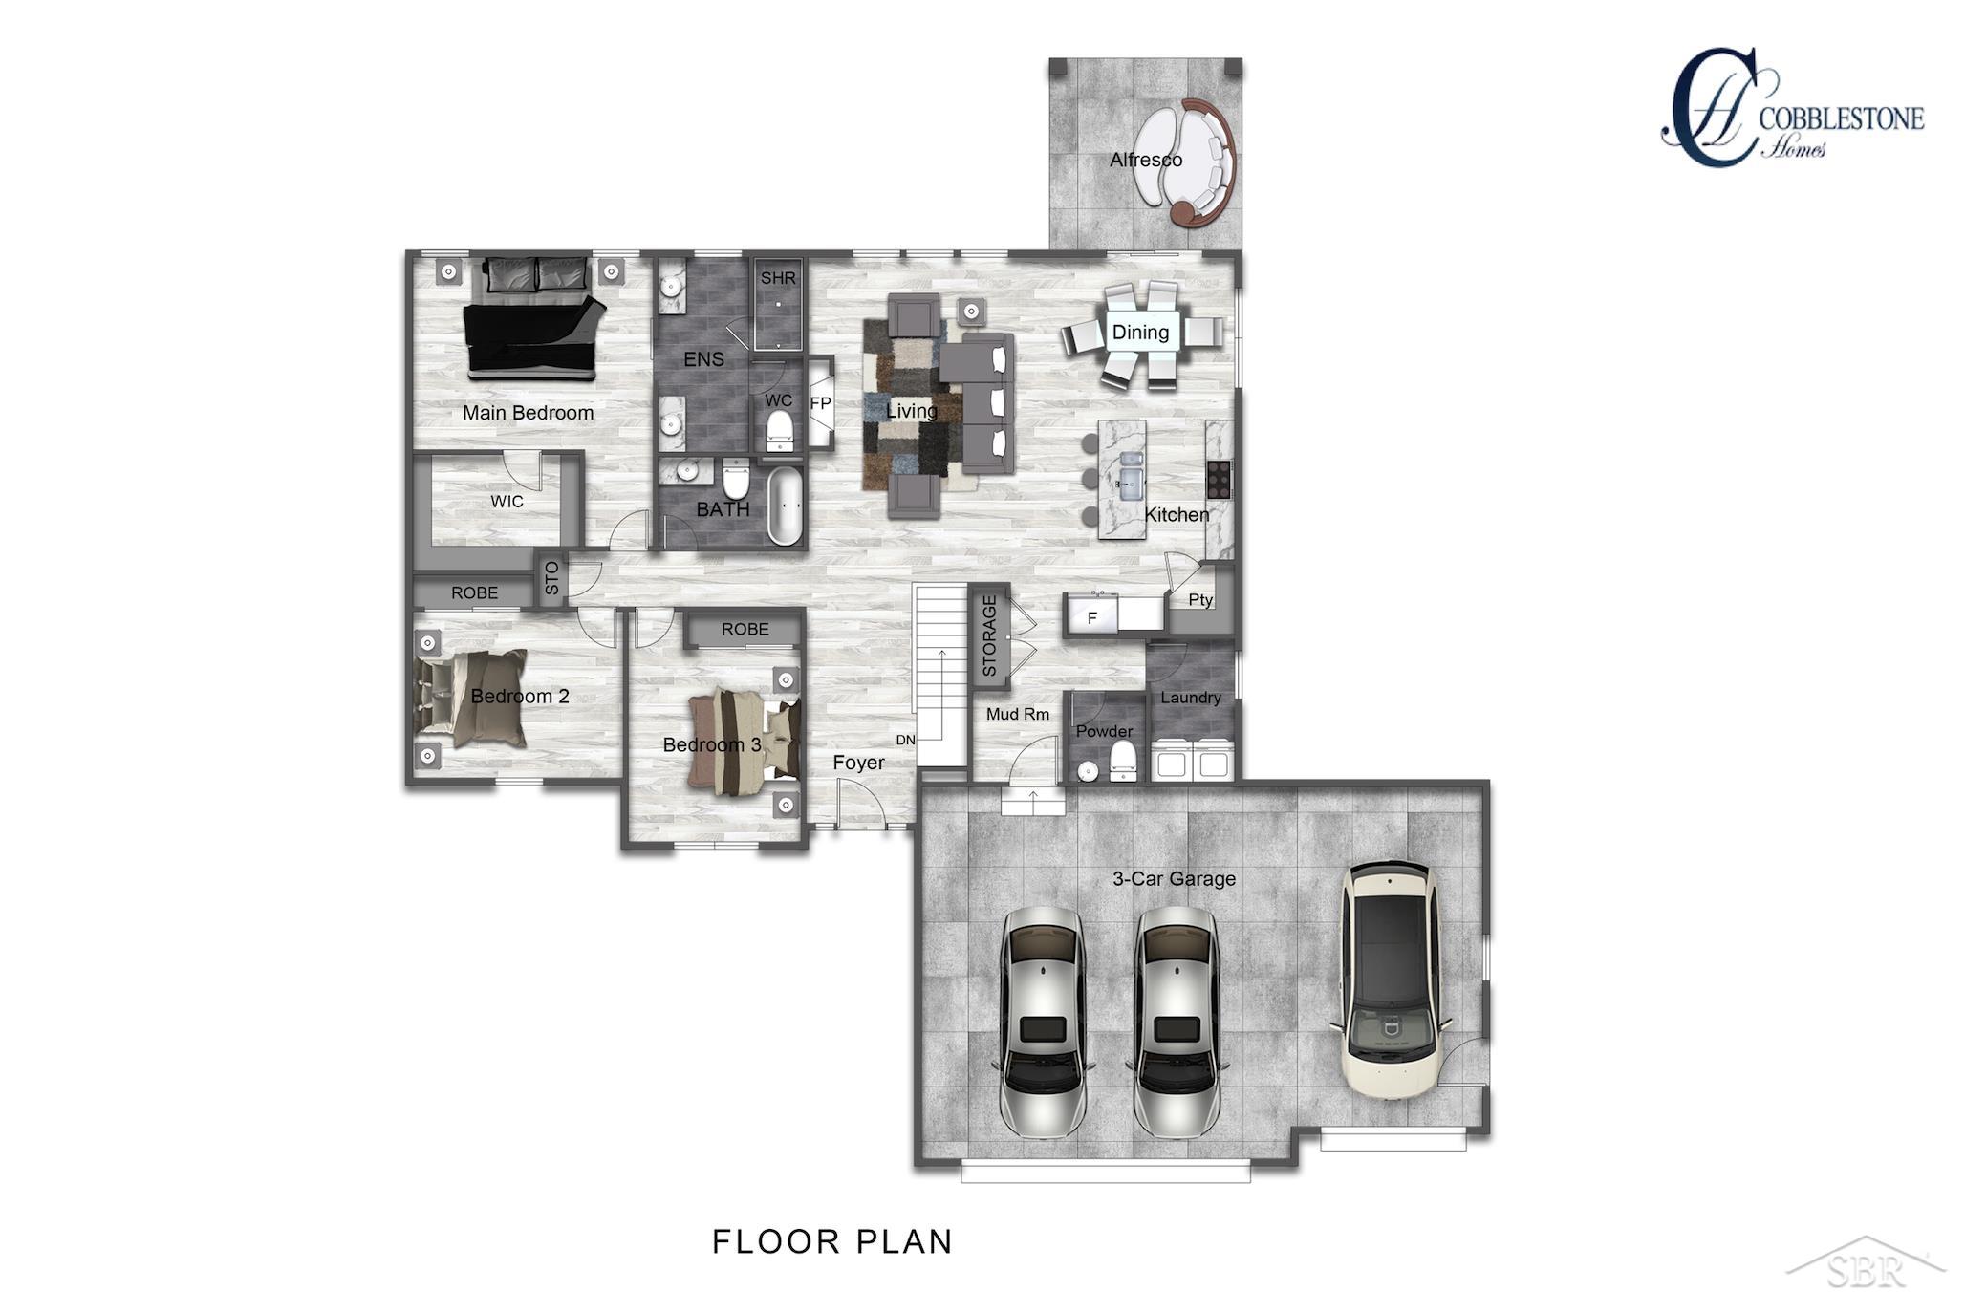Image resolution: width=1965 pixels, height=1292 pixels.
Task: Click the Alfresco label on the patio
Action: pos(1145,160)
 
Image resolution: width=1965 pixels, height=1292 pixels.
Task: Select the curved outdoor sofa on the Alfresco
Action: pos(1195,162)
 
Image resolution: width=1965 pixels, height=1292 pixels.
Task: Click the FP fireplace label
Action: pos(820,403)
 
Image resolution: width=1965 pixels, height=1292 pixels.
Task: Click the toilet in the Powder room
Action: pos(1123,761)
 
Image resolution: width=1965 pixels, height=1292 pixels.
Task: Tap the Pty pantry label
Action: pos(1200,600)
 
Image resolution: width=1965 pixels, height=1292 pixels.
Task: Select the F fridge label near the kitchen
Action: pos(1092,619)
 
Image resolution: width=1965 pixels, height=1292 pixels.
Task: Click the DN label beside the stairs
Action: pos(905,740)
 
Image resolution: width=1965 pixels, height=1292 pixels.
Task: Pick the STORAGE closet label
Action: pos(989,635)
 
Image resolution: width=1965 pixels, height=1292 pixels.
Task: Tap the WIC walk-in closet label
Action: pos(507,502)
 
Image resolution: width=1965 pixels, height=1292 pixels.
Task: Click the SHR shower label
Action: pos(778,278)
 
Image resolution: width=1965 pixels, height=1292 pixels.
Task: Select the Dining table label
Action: pos(1140,333)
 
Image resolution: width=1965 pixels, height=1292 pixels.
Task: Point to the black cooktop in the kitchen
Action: pos(1219,479)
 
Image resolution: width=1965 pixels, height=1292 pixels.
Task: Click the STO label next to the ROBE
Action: pos(551,579)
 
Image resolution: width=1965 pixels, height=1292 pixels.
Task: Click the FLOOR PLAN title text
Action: pos(832,1241)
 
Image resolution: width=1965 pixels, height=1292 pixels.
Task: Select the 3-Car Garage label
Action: pos(1174,878)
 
